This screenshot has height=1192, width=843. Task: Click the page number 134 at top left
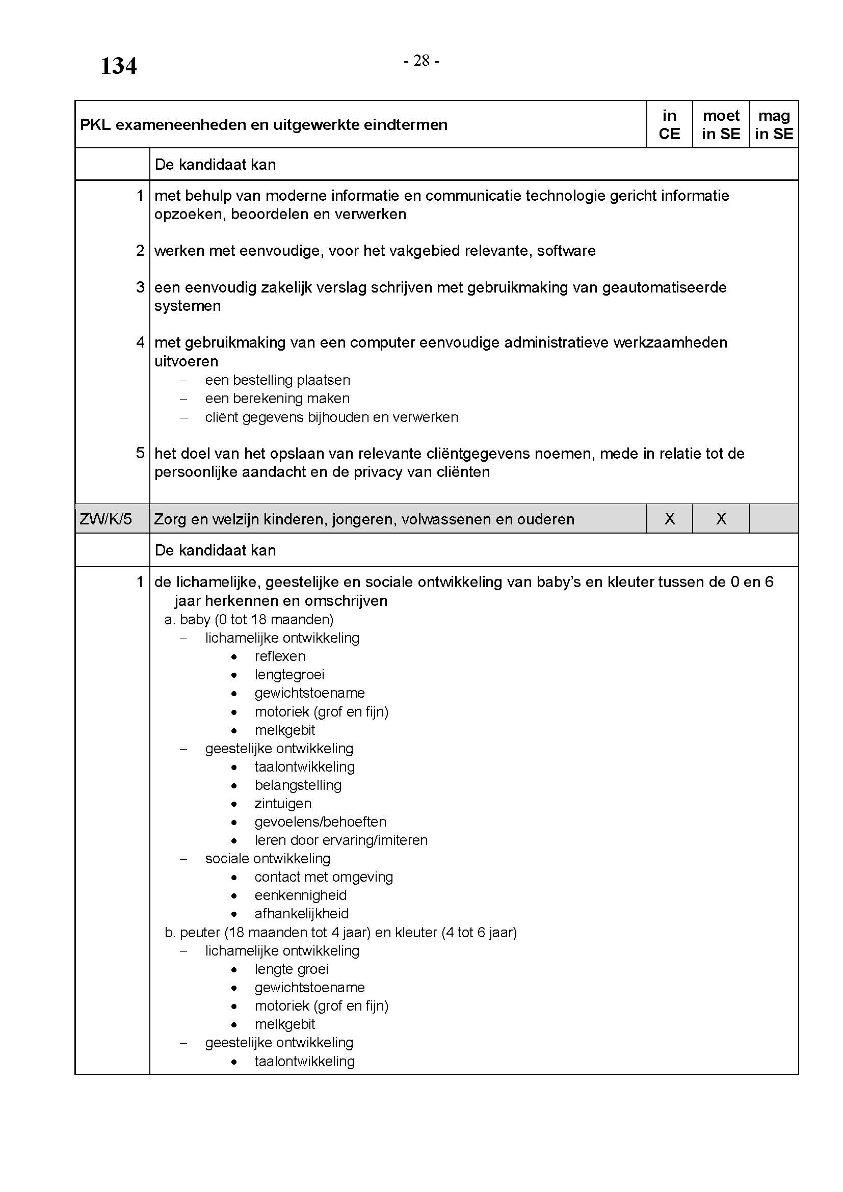(x=118, y=66)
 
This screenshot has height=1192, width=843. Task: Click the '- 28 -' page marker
(x=421, y=61)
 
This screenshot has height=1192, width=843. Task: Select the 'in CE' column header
(x=669, y=124)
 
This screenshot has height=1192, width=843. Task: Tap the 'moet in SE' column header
(x=721, y=124)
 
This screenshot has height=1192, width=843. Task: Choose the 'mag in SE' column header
(x=774, y=124)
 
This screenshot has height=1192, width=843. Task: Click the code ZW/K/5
(x=106, y=519)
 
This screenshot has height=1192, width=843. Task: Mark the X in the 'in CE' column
(x=670, y=519)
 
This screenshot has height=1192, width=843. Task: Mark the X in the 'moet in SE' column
(x=721, y=519)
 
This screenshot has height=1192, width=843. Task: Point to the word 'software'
(x=566, y=251)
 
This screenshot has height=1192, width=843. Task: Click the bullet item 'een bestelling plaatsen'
(x=277, y=380)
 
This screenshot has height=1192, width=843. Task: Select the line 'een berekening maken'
(x=277, y=398)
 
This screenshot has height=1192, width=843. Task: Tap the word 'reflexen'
(x=280, y=656)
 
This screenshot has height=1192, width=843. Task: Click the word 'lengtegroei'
(x=289, y=674)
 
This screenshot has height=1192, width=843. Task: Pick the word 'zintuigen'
(x=283, y=803)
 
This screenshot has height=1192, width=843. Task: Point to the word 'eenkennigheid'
(x=301, y=895)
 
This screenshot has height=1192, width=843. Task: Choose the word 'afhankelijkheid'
(x=302, y=913)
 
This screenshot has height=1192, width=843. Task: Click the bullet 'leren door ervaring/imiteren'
(x=341, y=840)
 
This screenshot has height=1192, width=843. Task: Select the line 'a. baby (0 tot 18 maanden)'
(x=249, y=619)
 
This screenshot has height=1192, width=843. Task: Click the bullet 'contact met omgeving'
(x=324, y=877)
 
